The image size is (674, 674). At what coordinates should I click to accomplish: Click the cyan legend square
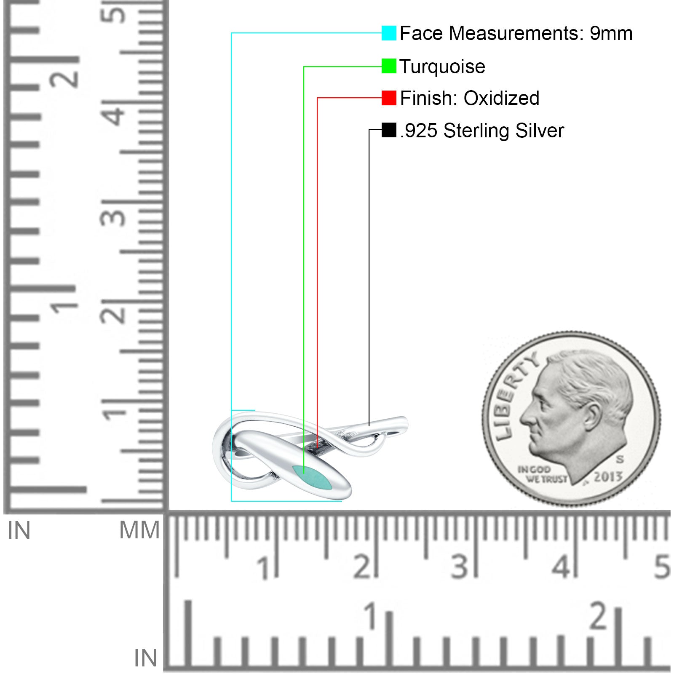pyautogui.click(x=389, y=33)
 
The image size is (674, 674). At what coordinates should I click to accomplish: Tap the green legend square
pyautogui.click(x=389, y=66)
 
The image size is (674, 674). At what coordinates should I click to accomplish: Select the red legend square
pyautogui.click(x=389, y=98)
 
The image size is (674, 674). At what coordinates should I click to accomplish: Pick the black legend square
pyautogui.click(x=389, y=130)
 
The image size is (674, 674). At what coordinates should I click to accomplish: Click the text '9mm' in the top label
pyautogui.click(x=611, y=33)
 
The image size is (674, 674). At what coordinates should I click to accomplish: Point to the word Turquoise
pyautogui.click(x=442, y=67)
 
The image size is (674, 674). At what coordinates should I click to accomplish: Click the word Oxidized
pyautogui.click(x=501, y=98)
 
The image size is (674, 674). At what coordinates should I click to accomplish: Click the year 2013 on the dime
pyautogui.click(x=608, y=476)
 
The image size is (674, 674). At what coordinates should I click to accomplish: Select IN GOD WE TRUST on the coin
pyautogui.click(x=542, y=474)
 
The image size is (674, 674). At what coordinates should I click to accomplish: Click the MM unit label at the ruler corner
pyautogui.click(x=139, y=530)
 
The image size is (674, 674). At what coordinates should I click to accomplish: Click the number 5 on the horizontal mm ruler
pyautogui.click(x=662, y=567)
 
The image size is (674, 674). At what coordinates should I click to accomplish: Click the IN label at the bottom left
pyautogui.click(x=145, y=658)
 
